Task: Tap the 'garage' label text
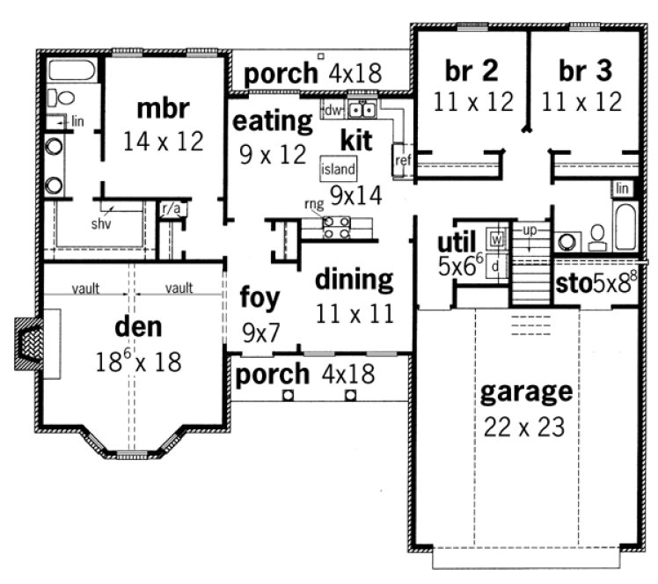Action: click(x=526, y=391)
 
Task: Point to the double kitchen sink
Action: click(x=362, y=110)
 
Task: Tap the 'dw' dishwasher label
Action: click(x=333, y=111)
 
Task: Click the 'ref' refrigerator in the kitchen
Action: click(x=404, y=160)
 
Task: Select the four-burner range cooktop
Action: click(x=337, y=228)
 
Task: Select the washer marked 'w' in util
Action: click(x=496, y=238)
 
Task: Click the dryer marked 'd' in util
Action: click(x=496, y=265)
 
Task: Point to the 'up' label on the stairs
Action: click(x=529, y=229)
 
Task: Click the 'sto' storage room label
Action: click(x=574, y=283)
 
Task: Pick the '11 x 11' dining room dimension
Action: click(x=354, y=312)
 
